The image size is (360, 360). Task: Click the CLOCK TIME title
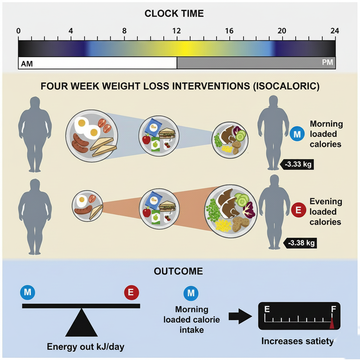[174, 14]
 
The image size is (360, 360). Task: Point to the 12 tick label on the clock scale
[176, 31]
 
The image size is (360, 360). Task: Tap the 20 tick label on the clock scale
[282, 31]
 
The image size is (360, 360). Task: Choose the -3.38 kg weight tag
[301, 243]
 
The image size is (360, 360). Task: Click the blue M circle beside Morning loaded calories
[297, 134]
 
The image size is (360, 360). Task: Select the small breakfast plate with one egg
[86, 206]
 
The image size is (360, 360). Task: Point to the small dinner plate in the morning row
[230, 139]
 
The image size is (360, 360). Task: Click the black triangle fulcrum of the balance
[82, 324]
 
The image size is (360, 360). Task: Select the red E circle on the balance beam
[131, 292]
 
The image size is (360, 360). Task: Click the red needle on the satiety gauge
[332, 323]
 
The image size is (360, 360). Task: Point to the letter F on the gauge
[333, 309]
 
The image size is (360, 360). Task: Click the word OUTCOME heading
[178, 271]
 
